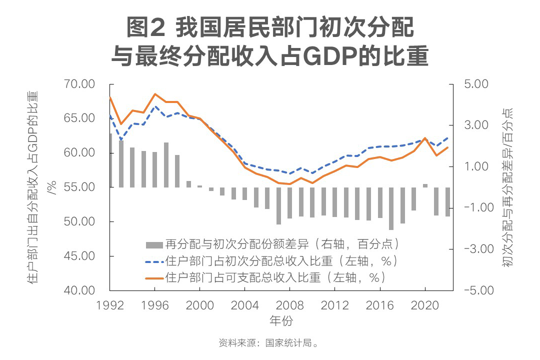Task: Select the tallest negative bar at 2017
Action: coord(391,208)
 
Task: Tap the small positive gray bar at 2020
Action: coord(425,185)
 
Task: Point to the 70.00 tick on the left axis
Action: coord(80,84)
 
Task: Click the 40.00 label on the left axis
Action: coord(80,290)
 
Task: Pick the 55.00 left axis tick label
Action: coord(80,187)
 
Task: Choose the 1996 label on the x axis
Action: coord(154,305)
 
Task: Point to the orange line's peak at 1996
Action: coord(155,94)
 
